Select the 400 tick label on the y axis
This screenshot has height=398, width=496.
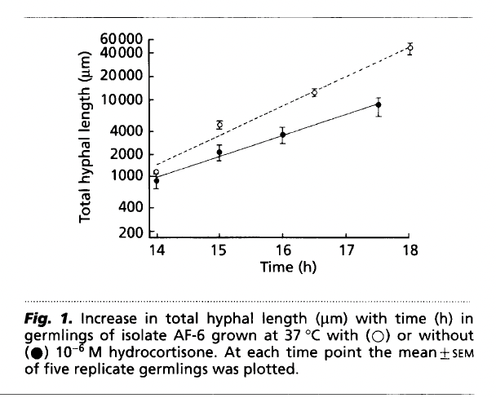(x=131, y=207)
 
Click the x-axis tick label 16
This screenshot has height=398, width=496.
(x=282, y=251)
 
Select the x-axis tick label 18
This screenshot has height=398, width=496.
(x=409, y=251)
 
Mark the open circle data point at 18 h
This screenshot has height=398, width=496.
(x=410, y=48)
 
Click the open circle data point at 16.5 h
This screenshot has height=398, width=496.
(x=314, y=92)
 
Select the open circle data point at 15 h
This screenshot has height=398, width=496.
(x=219, y=125)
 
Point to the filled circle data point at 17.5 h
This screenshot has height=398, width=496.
(x=378, y=105)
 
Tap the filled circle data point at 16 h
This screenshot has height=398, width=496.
(x=282, y=135)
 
